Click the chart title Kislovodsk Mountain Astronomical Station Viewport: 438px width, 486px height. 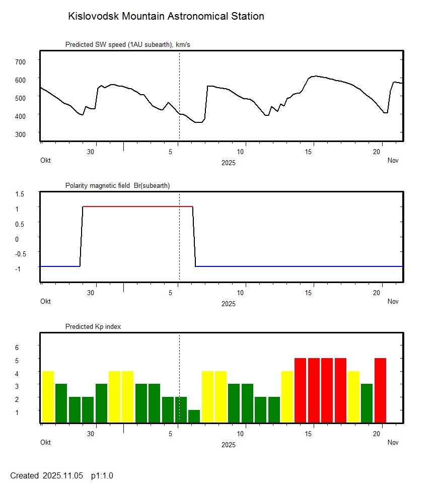pos(166,16)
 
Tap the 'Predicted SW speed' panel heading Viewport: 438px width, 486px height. pos(127,45)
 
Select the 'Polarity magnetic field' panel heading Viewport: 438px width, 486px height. pos(117,186)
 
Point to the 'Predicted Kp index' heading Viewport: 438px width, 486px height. pos(93,327)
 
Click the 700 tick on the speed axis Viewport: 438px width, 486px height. pos(20,61)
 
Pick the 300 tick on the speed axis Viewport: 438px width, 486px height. pos(20,133)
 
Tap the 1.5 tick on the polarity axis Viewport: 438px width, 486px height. pos(20,194)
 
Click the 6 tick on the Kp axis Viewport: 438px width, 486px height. pos(16,348)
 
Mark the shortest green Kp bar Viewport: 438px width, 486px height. pos(194,416)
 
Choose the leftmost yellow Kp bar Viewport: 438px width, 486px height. pos(48,397)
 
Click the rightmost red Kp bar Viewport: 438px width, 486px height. pos(380,390)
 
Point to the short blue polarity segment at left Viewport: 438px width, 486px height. pos(59,266)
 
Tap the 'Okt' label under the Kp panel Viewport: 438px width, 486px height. pos(45,443)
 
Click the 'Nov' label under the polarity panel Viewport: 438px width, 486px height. pos(393,302)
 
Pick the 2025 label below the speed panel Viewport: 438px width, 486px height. pos(228,163)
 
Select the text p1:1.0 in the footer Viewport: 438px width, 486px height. pos(102,476)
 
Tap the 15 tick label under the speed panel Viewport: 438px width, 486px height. pos(312,152)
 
